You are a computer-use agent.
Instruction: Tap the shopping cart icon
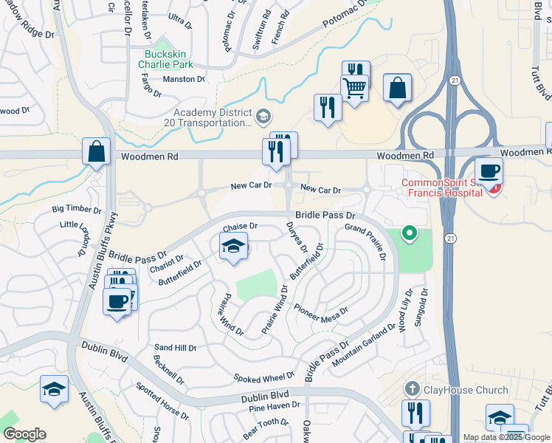coord(355,89)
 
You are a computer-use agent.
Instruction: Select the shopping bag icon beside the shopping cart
coord(397,89)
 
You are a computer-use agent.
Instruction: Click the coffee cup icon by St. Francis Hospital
coord(489,172)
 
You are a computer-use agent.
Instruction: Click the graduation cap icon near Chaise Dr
coord(233,247)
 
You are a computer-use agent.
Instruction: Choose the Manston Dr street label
coord(184,79)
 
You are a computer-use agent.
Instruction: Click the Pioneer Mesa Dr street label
coord(320,314)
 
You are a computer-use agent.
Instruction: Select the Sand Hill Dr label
coord(175,347)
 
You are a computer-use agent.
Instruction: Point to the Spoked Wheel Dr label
coord(264,378)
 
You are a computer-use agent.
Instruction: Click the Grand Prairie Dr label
coord(366,243)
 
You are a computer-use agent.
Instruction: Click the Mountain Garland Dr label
coord(365,345)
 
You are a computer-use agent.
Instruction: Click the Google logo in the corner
coord(24,434)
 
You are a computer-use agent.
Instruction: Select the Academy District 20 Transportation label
coord(212,117)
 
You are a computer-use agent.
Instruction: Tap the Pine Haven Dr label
coord(274,405)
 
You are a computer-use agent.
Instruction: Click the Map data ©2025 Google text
coord(506,437)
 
